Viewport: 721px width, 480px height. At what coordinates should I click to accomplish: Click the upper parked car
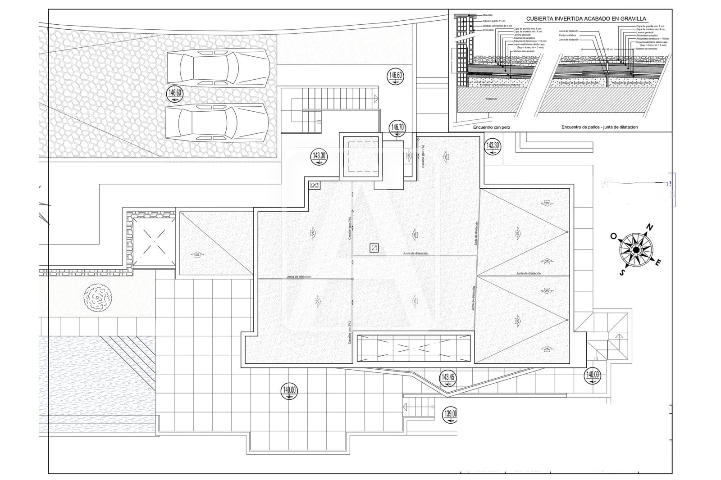[219, 68]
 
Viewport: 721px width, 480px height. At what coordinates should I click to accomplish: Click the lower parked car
[218, 122]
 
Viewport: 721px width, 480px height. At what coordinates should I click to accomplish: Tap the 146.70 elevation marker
[397, 128]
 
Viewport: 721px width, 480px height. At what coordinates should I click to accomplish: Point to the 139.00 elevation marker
[450, 415]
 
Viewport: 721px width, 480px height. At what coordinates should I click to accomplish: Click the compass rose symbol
[635, 250]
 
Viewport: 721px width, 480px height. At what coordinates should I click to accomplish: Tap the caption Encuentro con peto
[491, 127]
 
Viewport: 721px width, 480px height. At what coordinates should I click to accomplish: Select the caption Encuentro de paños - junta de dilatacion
[599, 127]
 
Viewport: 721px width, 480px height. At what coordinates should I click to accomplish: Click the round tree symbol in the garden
[97, 297]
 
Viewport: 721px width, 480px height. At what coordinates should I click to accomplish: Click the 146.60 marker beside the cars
[174, 95]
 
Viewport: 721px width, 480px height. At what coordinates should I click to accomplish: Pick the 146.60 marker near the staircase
[395, 77]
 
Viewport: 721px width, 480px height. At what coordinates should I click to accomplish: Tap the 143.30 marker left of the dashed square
[319, 158]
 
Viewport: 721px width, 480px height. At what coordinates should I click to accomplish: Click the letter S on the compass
[622, 272]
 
